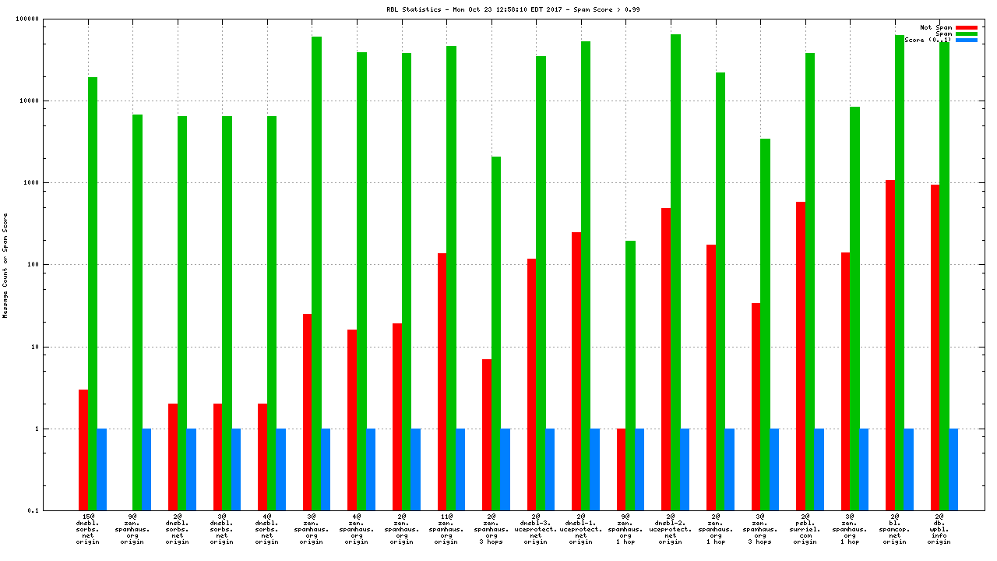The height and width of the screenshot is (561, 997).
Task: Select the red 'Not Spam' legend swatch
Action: pyautogui.click(x=966, y=27)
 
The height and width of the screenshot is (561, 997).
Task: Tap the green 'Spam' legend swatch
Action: pyautogui.click(x=966, y=34)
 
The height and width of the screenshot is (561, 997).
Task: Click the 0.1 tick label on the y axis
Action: pyautogui.click(x=55, y=510)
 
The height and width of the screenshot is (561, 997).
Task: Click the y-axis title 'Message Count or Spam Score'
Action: pyautogui.click(x=5, y=265)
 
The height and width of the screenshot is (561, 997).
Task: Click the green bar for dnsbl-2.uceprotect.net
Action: pyautogui.click(x=675, y=272)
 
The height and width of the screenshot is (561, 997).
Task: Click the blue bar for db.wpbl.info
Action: pyautogui.click(x=953, y=469)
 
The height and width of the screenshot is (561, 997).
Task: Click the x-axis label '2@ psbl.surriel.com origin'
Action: pyautogui.click(x=805, y=528)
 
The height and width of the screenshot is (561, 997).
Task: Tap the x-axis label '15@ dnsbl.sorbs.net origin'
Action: pyautogui.click(x=88, y=528)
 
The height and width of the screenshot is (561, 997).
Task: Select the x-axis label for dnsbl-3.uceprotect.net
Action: pyautogui.click(x=536, y=528)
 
